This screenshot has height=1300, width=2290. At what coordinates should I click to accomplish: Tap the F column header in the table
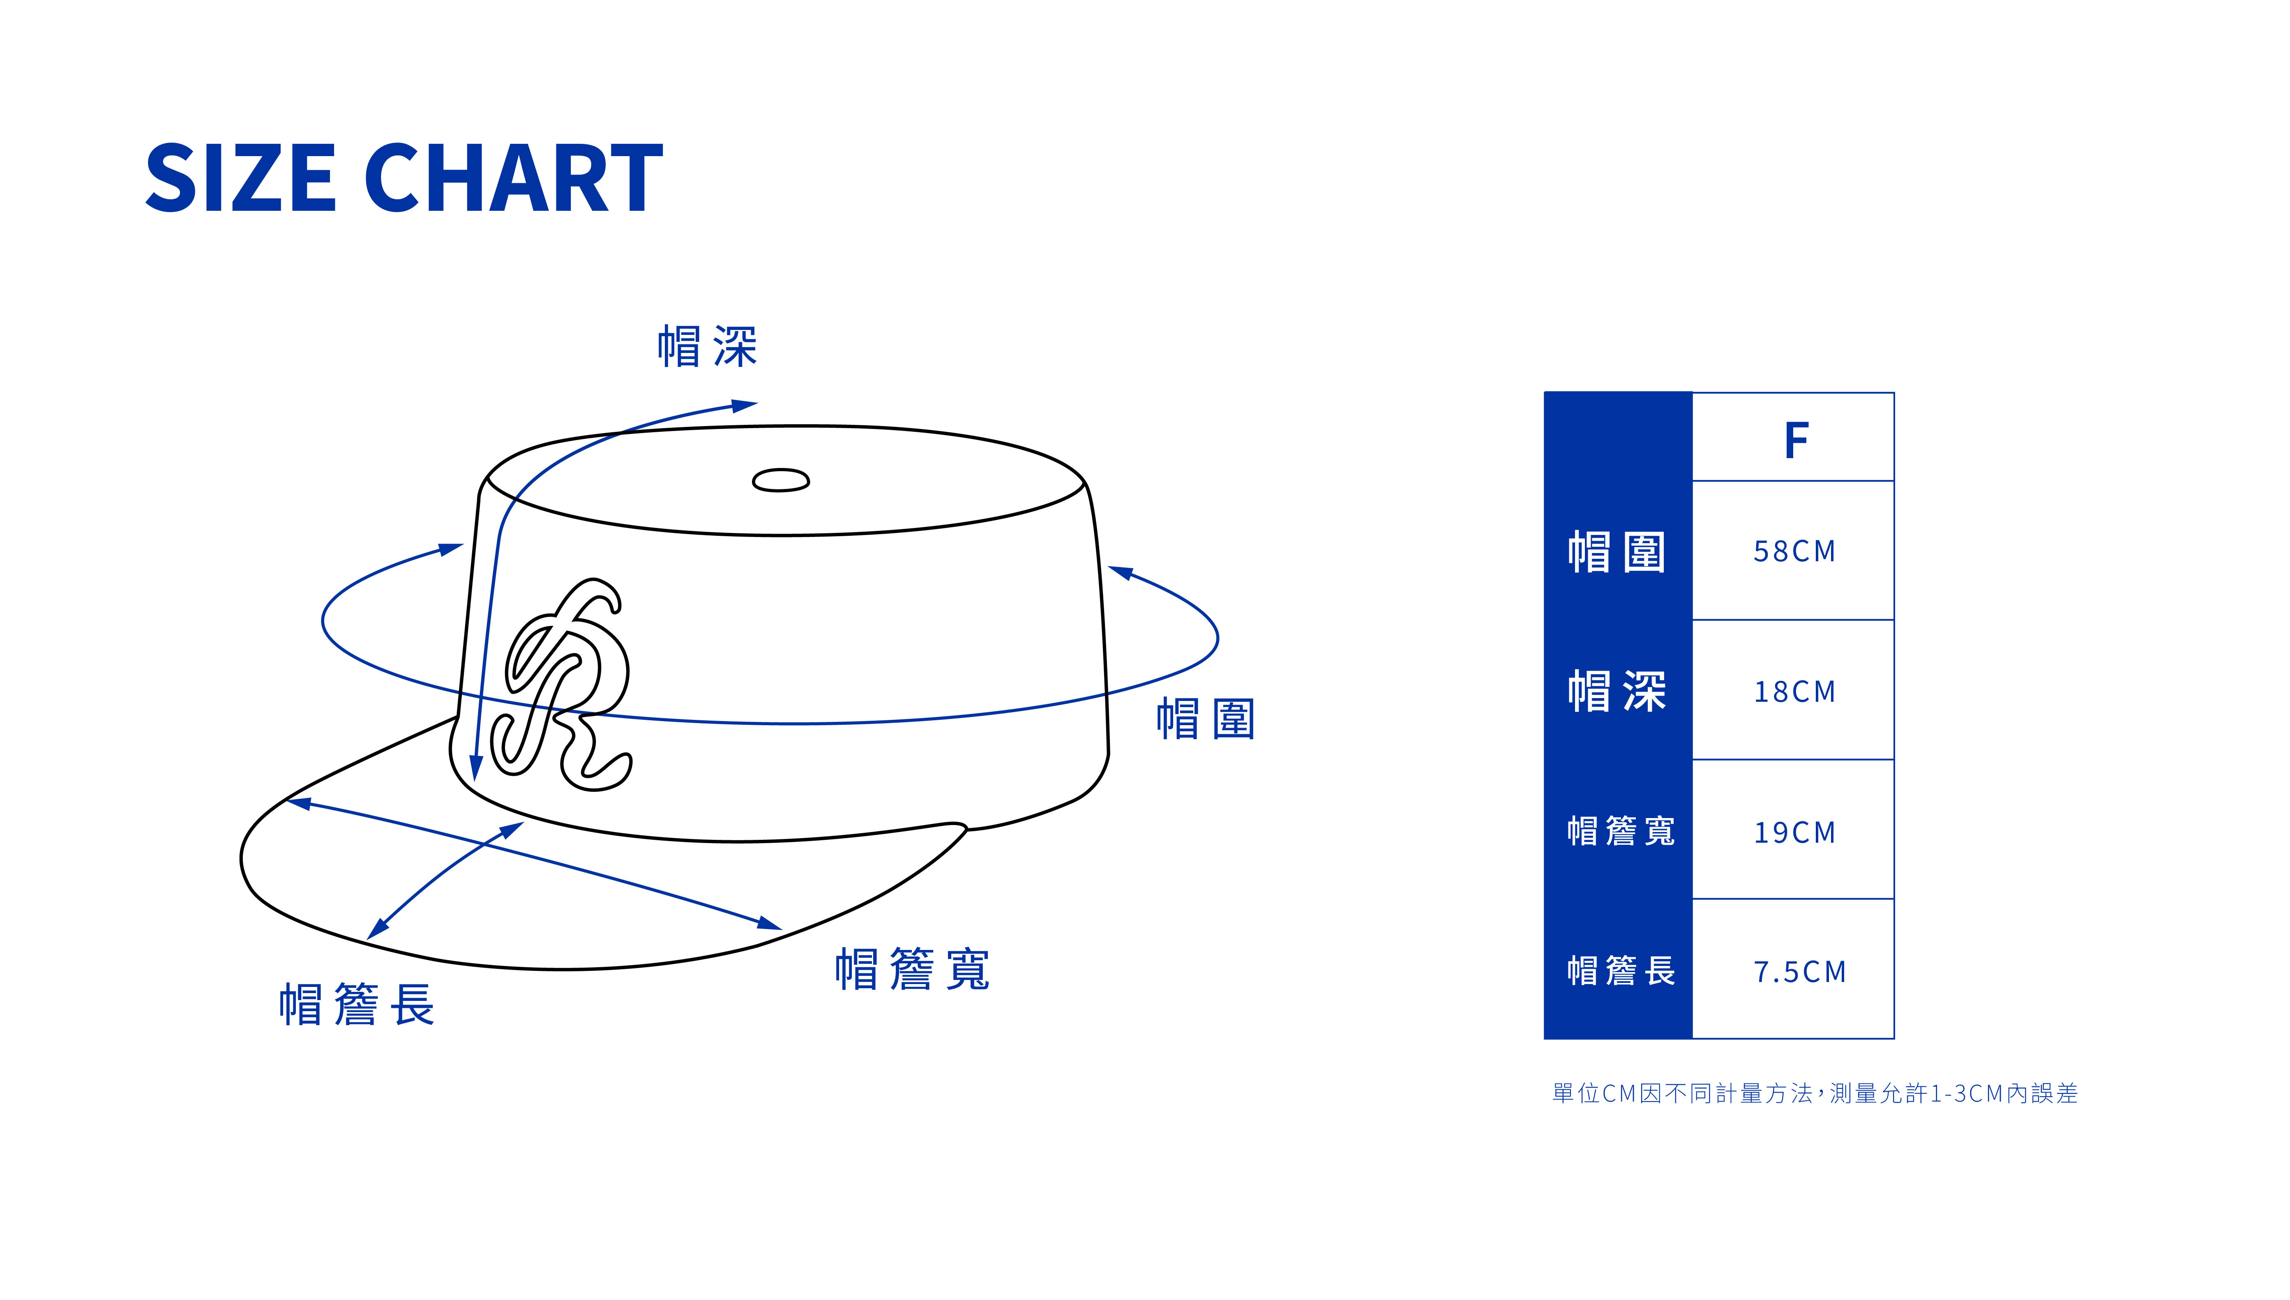click(1795, 440)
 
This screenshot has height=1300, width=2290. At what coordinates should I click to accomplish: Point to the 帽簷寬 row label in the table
click(1620, 831)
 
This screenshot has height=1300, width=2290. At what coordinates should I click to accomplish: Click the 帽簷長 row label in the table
click(1620, 970)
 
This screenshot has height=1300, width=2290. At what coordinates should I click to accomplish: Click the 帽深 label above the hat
click(707, 346)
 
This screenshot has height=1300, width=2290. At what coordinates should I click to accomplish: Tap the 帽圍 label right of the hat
click(1205, 719)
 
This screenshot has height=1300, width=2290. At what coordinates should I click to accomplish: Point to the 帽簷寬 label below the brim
click(911, 970)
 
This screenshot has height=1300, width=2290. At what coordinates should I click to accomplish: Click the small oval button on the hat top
click(780, 480)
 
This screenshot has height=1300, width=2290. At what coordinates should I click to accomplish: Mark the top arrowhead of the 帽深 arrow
click(745, 406)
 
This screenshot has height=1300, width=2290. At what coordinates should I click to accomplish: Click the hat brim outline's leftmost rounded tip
click(243, 857)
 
